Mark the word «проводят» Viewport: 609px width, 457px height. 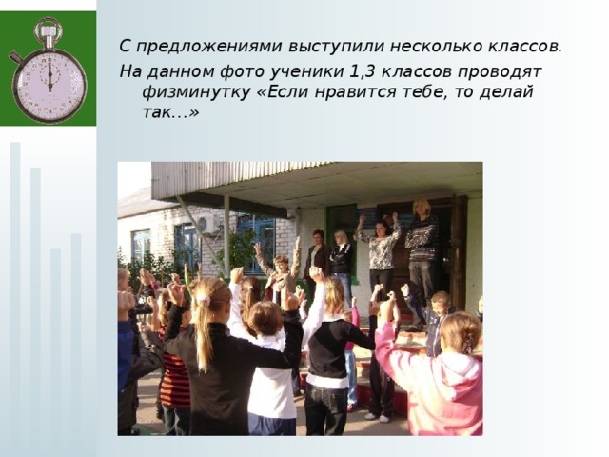(x=501, y=71)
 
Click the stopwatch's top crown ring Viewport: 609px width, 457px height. (x=48, y=26)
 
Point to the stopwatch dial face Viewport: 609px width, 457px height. (x=49, y=84)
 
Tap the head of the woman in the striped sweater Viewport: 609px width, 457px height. (x=422, y=207)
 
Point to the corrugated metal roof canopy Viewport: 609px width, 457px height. (x=238, y=177)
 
